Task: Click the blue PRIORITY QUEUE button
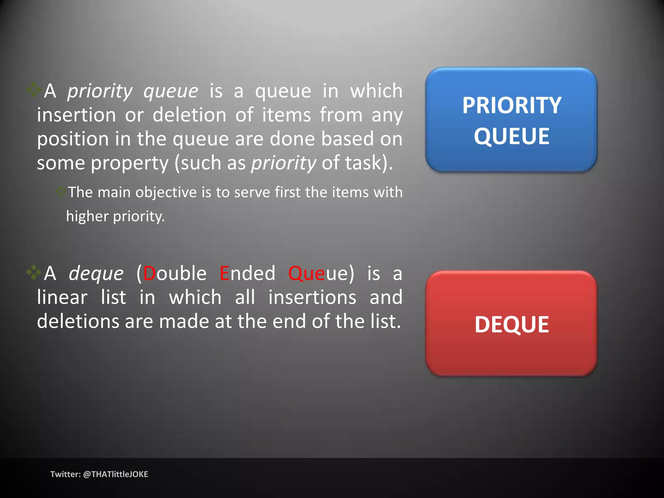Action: tap(511, 120)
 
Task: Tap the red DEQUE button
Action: tap(511, 324)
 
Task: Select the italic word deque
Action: tap(96, 273)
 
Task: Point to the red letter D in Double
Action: tap(149, 273)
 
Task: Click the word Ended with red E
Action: tap(247, 273)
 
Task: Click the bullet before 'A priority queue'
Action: tap(34, 90)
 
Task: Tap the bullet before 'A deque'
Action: tap(34, 272)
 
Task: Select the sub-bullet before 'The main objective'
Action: tap(60, 192)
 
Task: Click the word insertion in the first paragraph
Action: tap(76, 115)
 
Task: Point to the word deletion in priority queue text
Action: tap(189, 115)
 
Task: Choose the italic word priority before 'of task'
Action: tap(284, 163)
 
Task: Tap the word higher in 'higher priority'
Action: tap(87, 216)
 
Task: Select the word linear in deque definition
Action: tap(62, 297)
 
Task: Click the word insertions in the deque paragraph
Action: tap(312, 297)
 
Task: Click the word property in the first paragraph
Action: tap(129, 163)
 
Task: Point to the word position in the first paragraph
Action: tap(73, 139)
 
